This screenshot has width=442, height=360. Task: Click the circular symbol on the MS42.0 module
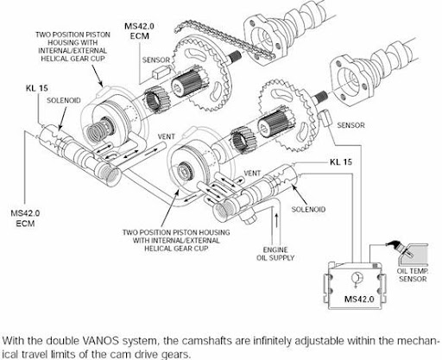[355, 279]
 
